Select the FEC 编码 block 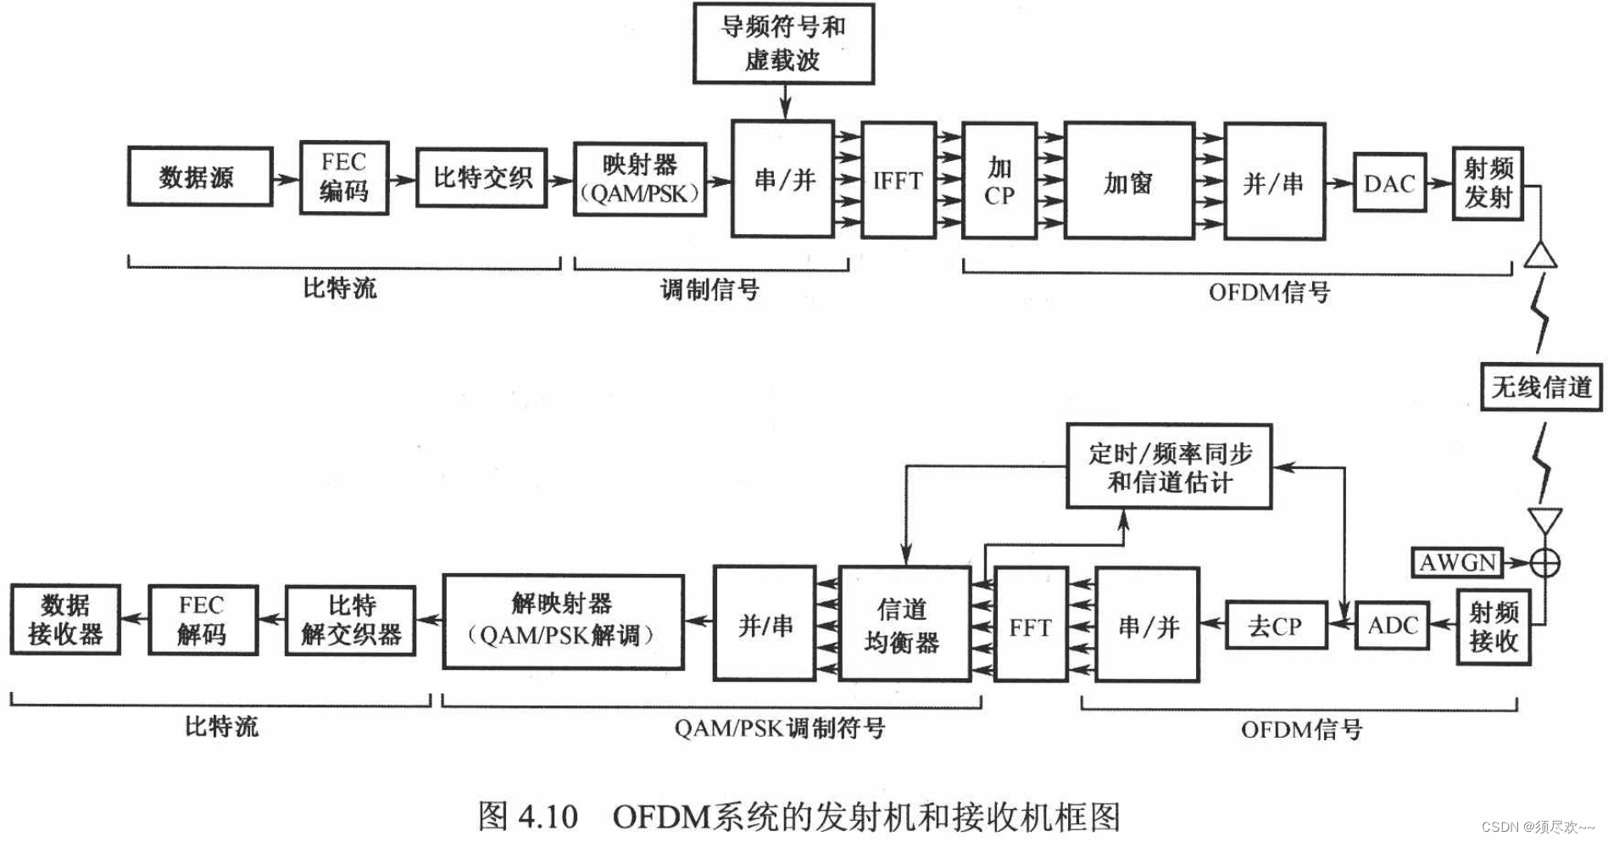(344, 177)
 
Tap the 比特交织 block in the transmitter (481, 177)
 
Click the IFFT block (899, 180)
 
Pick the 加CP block (999, 181)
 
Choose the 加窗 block (1129, 181)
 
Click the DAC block (1389, 182)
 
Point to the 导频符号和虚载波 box (783, 43)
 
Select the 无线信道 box (1541, 388)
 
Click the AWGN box (1457, 562)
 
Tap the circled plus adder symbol (1545, 562)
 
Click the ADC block (1392, 626)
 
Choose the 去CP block (1276, 626)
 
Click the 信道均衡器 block (904, 625)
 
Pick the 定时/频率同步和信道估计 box (1169, 466)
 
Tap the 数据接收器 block (65, 620)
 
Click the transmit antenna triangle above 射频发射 (1540, 255)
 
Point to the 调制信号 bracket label (710, 290)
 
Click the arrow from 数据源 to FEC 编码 (286, 178)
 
